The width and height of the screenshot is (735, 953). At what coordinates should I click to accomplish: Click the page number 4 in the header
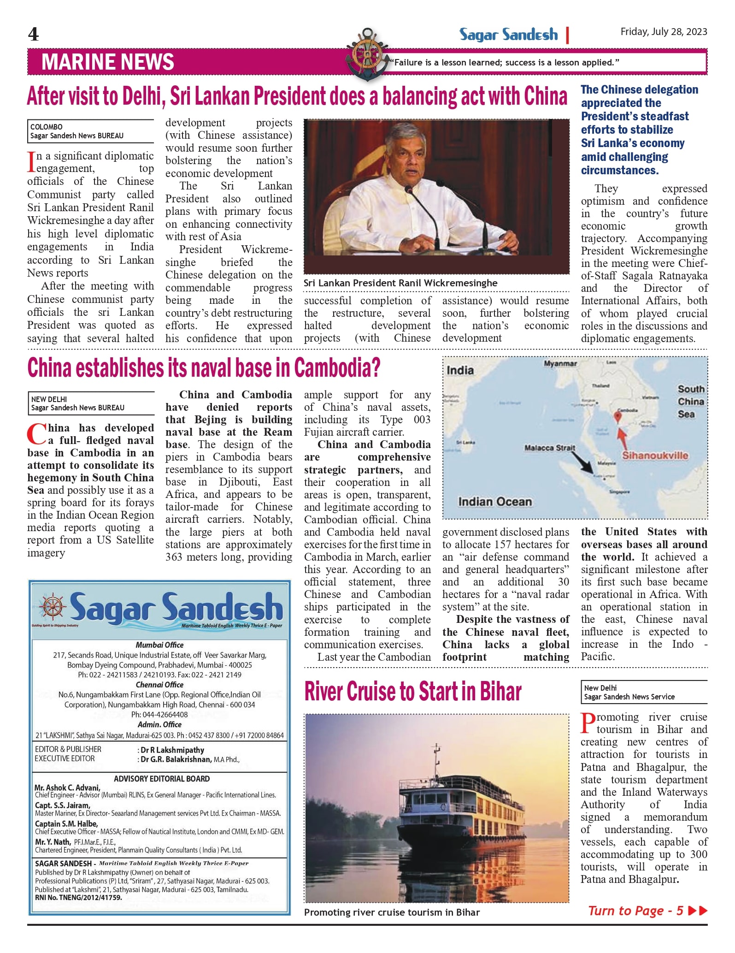tap(33, 34)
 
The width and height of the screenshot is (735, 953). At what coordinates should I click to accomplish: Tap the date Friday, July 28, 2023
tap(664, 32)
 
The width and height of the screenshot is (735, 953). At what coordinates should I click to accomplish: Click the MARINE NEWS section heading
tap(108, 62)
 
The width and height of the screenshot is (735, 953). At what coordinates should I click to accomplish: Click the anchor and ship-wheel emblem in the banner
tap(367, 54)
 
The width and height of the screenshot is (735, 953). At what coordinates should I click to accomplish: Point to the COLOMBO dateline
tap(47, 127)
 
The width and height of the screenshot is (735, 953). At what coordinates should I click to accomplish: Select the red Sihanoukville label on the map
tap(655, 456)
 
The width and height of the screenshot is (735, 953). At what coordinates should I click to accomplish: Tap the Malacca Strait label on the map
tap(550, 448)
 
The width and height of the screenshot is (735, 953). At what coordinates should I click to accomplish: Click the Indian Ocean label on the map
tap(495, 502)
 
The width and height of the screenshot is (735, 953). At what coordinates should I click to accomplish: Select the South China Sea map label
tap(691, 402)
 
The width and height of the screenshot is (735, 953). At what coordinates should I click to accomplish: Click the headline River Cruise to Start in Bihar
tap(413, 692)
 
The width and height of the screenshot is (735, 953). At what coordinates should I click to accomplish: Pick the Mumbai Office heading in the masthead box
tap(159, 645)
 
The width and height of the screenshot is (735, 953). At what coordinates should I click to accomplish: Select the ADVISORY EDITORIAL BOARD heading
tap(162, 779)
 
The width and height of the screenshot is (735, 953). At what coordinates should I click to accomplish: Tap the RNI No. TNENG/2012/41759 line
tap(78, 898)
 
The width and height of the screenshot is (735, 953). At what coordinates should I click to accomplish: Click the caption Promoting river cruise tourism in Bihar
tap(392, 912)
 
